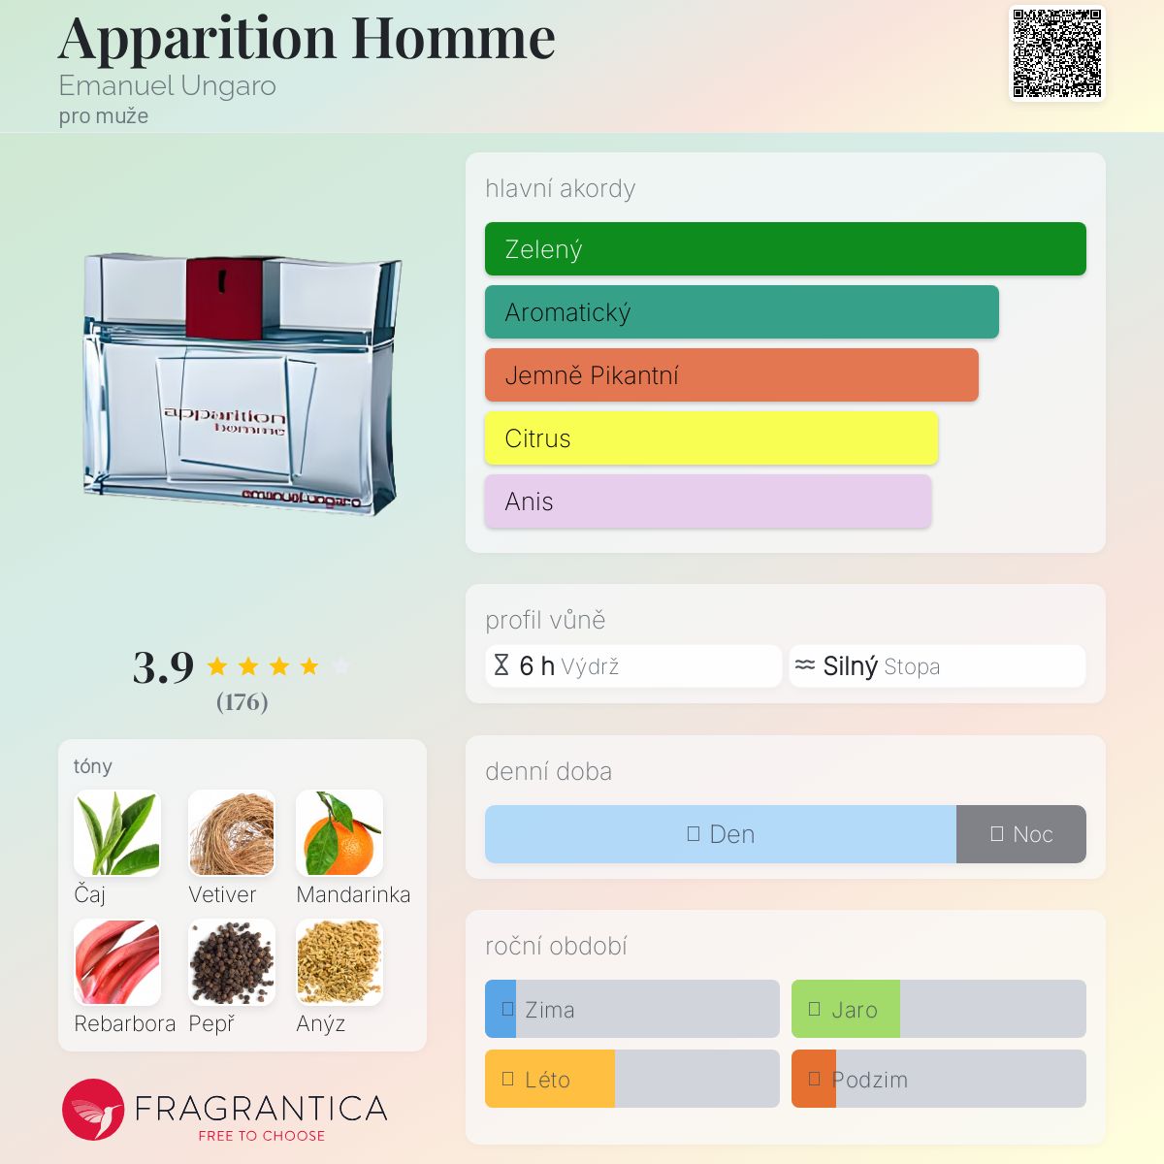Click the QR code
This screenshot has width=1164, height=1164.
[x=1057, y=52]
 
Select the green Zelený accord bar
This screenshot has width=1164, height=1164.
[x=786, y=249]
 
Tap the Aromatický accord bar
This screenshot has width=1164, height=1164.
[x=742, y=311]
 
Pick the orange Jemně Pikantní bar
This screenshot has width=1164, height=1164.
[x=731, y=375]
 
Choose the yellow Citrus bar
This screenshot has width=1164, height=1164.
[x=711, y=437]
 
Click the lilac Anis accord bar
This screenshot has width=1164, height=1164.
[x=708, y=501]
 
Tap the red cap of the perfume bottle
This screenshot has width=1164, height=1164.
[x=224, y=298]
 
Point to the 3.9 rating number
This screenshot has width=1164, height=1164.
[x=163, y=667]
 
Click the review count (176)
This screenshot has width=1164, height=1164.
[x=242, y=702]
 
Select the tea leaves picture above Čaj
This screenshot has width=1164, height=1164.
[x=117, y=833]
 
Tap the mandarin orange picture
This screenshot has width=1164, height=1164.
[x=339, y=833]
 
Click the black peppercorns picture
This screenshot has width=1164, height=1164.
[x=232, y=962]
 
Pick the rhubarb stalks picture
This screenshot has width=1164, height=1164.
[x=117, y=962]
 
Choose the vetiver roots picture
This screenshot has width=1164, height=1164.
[x=232, y=833]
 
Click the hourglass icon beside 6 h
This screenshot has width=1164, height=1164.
[x=501, y=665]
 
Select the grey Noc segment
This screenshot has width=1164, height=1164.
[x=1020, y=833]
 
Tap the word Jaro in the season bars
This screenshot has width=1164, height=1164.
[x=855, y=1010]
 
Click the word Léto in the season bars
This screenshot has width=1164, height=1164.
[x=547, y=1080]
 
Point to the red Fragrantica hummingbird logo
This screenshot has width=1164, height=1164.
[x=93, y=1110]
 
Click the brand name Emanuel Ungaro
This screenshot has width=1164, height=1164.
[x=167, y=85]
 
